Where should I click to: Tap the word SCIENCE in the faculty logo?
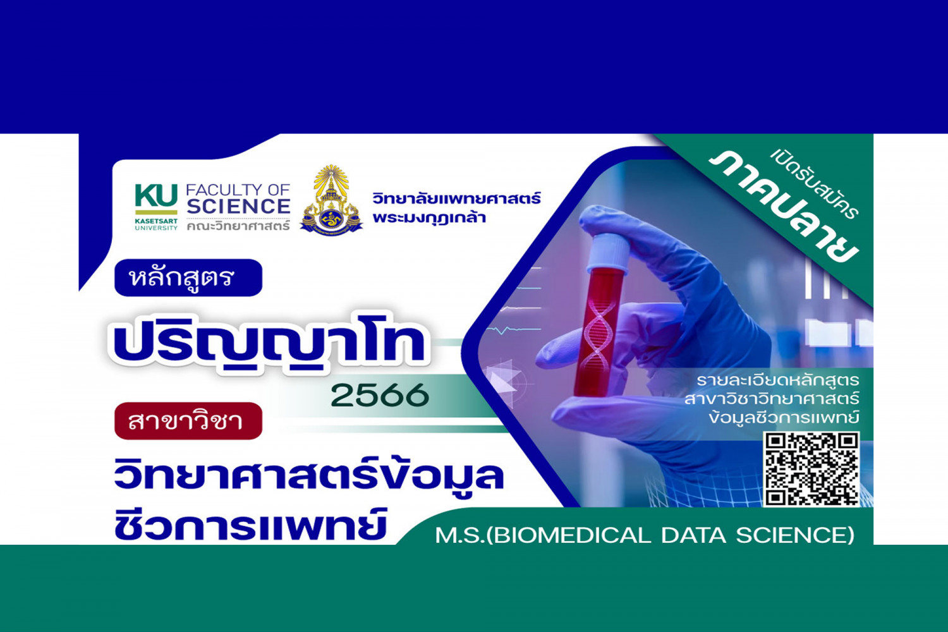(238, 207)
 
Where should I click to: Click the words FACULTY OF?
(238, 190)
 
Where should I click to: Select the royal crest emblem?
(331, 201)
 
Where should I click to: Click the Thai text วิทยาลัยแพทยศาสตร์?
(456, 198)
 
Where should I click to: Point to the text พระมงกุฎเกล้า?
(429, 218)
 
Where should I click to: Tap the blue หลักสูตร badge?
(188, 277)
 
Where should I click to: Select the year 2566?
(379, 396)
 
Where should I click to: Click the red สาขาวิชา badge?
(188, 421)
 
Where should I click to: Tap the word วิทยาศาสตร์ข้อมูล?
(308, 475)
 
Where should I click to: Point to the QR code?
(811, 469)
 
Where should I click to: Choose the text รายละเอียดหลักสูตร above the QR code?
(777, 380)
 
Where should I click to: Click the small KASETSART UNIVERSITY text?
(156, 225)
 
